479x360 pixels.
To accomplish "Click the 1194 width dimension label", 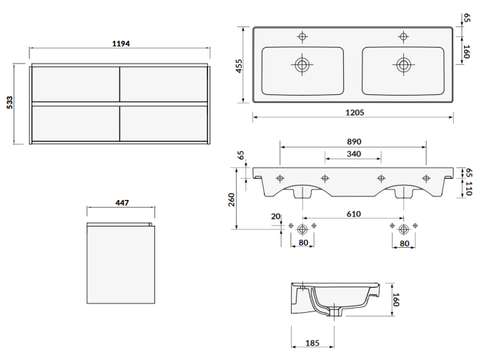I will pyautogui.click(x=119, y=44).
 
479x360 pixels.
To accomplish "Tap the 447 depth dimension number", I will pyautogui.click(x=121, y=204).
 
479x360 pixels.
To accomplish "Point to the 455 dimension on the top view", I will pyautogui.click(x=239, y=65).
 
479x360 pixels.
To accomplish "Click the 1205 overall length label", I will pyautogui.click(x=355, y=113).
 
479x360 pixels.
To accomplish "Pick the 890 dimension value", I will pyautogui.click(x=353, y=142).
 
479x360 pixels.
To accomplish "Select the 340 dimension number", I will pyautogui.click(x=353, y=154).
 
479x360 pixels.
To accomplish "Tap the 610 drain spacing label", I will pyautogui.click(x=353, y=214).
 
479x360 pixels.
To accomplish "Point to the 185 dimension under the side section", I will pyautogui.click(x=312, y=344).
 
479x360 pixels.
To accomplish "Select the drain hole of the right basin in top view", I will pyautogui.click(x=404, y=65).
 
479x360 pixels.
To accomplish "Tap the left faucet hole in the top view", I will pyautogui.click(x=302, y=36).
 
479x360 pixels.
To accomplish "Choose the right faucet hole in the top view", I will pyautogui.click(x=404, y=36).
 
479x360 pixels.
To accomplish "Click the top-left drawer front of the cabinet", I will pyautogui.click(x=75, y=84).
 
